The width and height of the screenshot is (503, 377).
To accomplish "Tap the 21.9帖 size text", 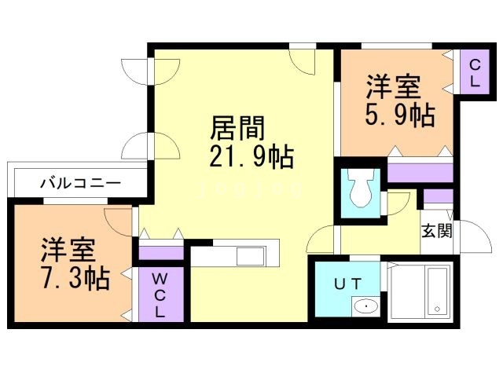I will (251, 157).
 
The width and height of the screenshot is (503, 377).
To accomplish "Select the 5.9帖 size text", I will (398, 115).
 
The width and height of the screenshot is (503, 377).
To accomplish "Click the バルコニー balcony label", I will (80, 183).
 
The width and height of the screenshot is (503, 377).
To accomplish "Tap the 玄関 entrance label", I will (435, 231).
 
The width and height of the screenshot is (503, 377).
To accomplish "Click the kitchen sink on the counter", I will (251, 256).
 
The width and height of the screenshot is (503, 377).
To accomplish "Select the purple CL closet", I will (475, 73).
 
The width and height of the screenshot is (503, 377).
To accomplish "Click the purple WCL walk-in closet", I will (160, 294).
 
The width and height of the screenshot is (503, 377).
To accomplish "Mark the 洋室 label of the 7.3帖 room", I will (68, 250).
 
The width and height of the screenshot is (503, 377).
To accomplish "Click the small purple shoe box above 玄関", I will (438, 196).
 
